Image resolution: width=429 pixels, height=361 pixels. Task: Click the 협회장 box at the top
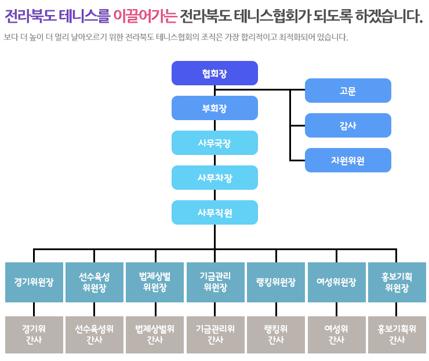214,73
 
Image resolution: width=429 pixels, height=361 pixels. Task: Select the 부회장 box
214,108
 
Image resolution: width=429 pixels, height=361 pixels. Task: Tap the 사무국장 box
214,143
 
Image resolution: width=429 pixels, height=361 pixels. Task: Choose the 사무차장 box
214,178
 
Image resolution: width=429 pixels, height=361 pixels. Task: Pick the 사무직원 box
214,212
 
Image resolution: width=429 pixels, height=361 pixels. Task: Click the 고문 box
348,91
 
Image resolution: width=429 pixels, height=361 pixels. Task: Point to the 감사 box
348,125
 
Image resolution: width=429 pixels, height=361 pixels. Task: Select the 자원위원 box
348,160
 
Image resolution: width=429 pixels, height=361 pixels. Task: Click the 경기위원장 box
34,283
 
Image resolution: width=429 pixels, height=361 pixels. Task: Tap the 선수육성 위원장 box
94,283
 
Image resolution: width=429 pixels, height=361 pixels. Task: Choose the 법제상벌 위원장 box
155,283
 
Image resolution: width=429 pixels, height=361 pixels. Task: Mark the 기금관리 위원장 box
216,283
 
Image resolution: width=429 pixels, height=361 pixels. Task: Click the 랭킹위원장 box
276,283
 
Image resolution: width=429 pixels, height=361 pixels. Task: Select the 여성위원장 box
336,283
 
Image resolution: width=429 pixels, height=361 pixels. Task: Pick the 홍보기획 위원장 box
397,283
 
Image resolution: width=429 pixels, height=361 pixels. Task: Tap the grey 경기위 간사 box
34,335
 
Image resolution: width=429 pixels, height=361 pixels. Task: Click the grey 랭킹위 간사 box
276,335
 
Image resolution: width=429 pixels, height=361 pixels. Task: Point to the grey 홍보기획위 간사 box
397,335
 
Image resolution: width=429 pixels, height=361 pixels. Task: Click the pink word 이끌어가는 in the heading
146,16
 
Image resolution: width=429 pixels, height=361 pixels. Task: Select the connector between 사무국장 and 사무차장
214,160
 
